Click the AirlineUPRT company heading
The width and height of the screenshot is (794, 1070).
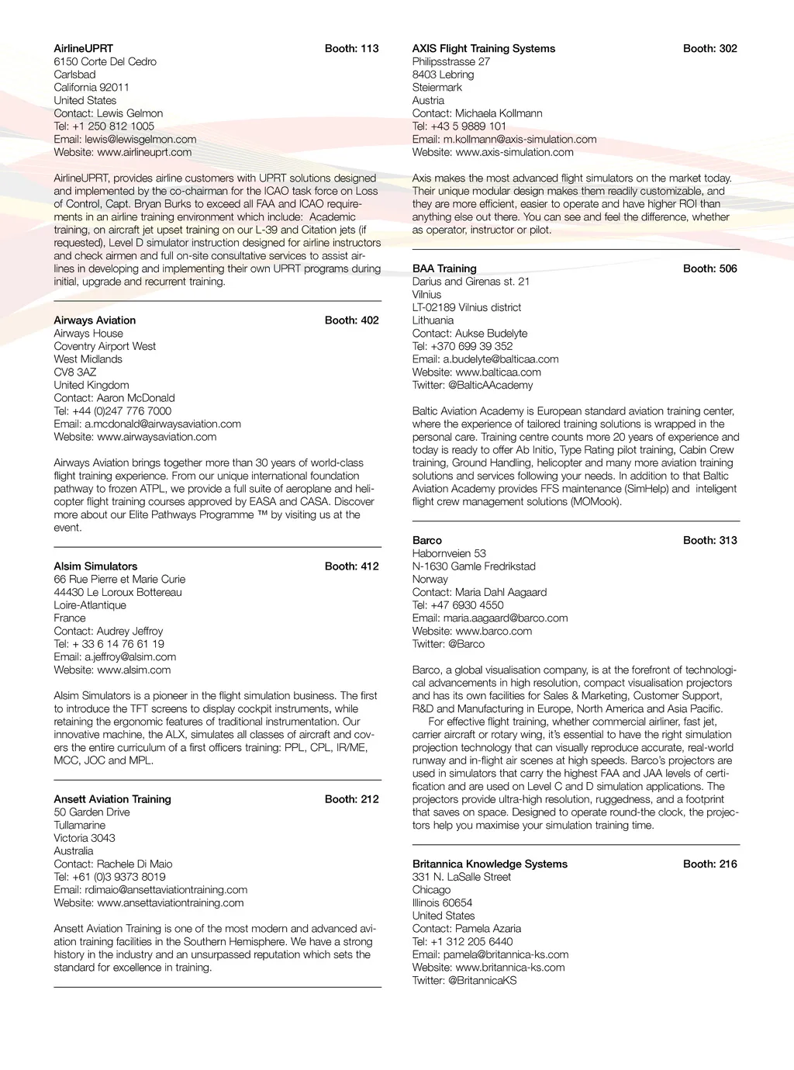point(83,48)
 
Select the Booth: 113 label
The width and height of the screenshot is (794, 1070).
point(351,48)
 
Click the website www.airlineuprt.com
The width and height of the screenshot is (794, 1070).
point(144,152)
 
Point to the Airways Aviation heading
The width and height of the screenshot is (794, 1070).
point(95,320)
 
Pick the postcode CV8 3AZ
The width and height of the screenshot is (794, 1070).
point(75,372)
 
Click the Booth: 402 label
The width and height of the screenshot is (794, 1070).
point(351,320)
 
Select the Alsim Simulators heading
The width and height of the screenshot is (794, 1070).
point(95,566)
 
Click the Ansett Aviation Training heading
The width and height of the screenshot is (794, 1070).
point(112,798)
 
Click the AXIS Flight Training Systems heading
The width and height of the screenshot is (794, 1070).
point(484,48)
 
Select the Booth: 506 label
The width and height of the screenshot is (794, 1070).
point(709,268)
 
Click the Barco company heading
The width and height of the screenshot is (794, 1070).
point(427,540)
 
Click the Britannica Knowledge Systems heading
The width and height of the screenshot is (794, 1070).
point(490,864)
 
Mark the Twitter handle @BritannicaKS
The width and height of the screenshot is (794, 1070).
point(482,980)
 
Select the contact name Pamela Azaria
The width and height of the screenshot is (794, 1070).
point(488,928)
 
